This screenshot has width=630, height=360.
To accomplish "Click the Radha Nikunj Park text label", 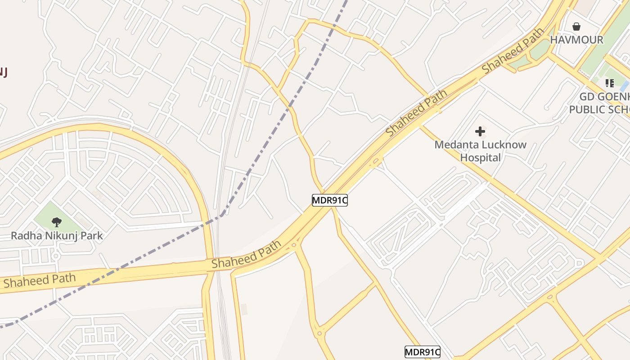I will pyautogui.click(x=57, y=235).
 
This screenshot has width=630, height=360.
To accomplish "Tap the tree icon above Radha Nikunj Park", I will pyautogui.click(x=57, y=222).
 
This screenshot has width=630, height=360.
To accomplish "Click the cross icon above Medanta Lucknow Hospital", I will pyautogui.click(x=480, y=131).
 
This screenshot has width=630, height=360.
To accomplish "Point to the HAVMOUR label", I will pyautogui.click(x=576, y=40).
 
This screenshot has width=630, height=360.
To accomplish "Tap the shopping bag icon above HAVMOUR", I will pyautogui.click(x=576, y=27).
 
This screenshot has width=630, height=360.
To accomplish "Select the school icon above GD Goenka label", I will pyautogui.click(x=610, y=83).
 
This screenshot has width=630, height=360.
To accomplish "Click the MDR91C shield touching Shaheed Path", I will pyautogui.click(x=330, y=200).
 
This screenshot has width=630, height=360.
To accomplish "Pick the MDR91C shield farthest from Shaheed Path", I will pyautogui.click(x=422, y=352).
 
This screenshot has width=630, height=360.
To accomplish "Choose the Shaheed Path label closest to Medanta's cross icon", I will pyautogui.click(x=416, y=112).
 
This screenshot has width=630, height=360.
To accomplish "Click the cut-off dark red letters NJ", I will pyautogui.click(x=4, y=72).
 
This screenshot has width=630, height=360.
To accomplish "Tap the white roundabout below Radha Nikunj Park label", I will pyautogui.click(x=56, y=256).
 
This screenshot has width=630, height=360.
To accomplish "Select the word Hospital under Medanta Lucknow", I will pyautogui.click(x=480, y=157).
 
